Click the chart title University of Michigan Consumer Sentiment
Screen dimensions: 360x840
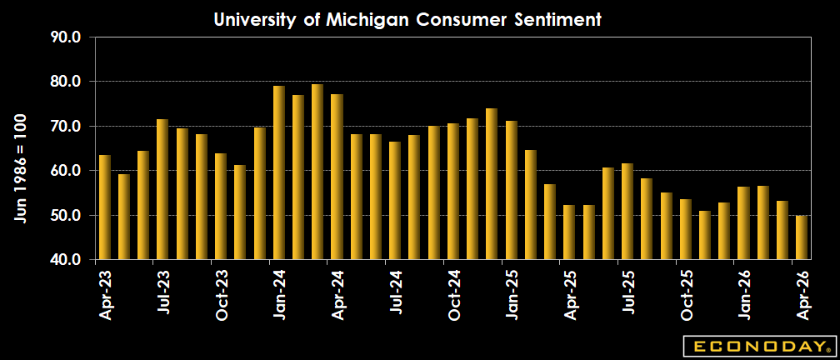pyautogui.click(x=407, y=18)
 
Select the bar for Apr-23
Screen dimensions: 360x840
pyautogui.click(x=105, y=207)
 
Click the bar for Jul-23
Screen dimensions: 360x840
pyautogui.click(x=162, y=189)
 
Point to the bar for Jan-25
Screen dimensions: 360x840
pyautogui.click(x=511, y=190)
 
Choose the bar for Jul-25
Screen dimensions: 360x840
pyautogui.click(x=627, y=211)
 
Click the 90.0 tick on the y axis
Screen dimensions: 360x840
pyautogui.click(x=66, y=37)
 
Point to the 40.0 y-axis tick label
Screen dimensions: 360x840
pyautogui.click(x=66, y=260)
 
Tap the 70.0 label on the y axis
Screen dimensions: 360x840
pyautogui.click(x=66, y=127)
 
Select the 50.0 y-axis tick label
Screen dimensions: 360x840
pyautogui.click(x=66, y=216)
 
